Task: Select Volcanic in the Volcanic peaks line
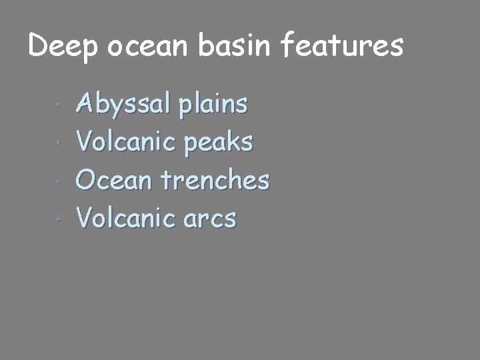coord(125,141)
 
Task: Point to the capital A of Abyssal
coord(87,104)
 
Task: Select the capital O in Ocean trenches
coord(87,179)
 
